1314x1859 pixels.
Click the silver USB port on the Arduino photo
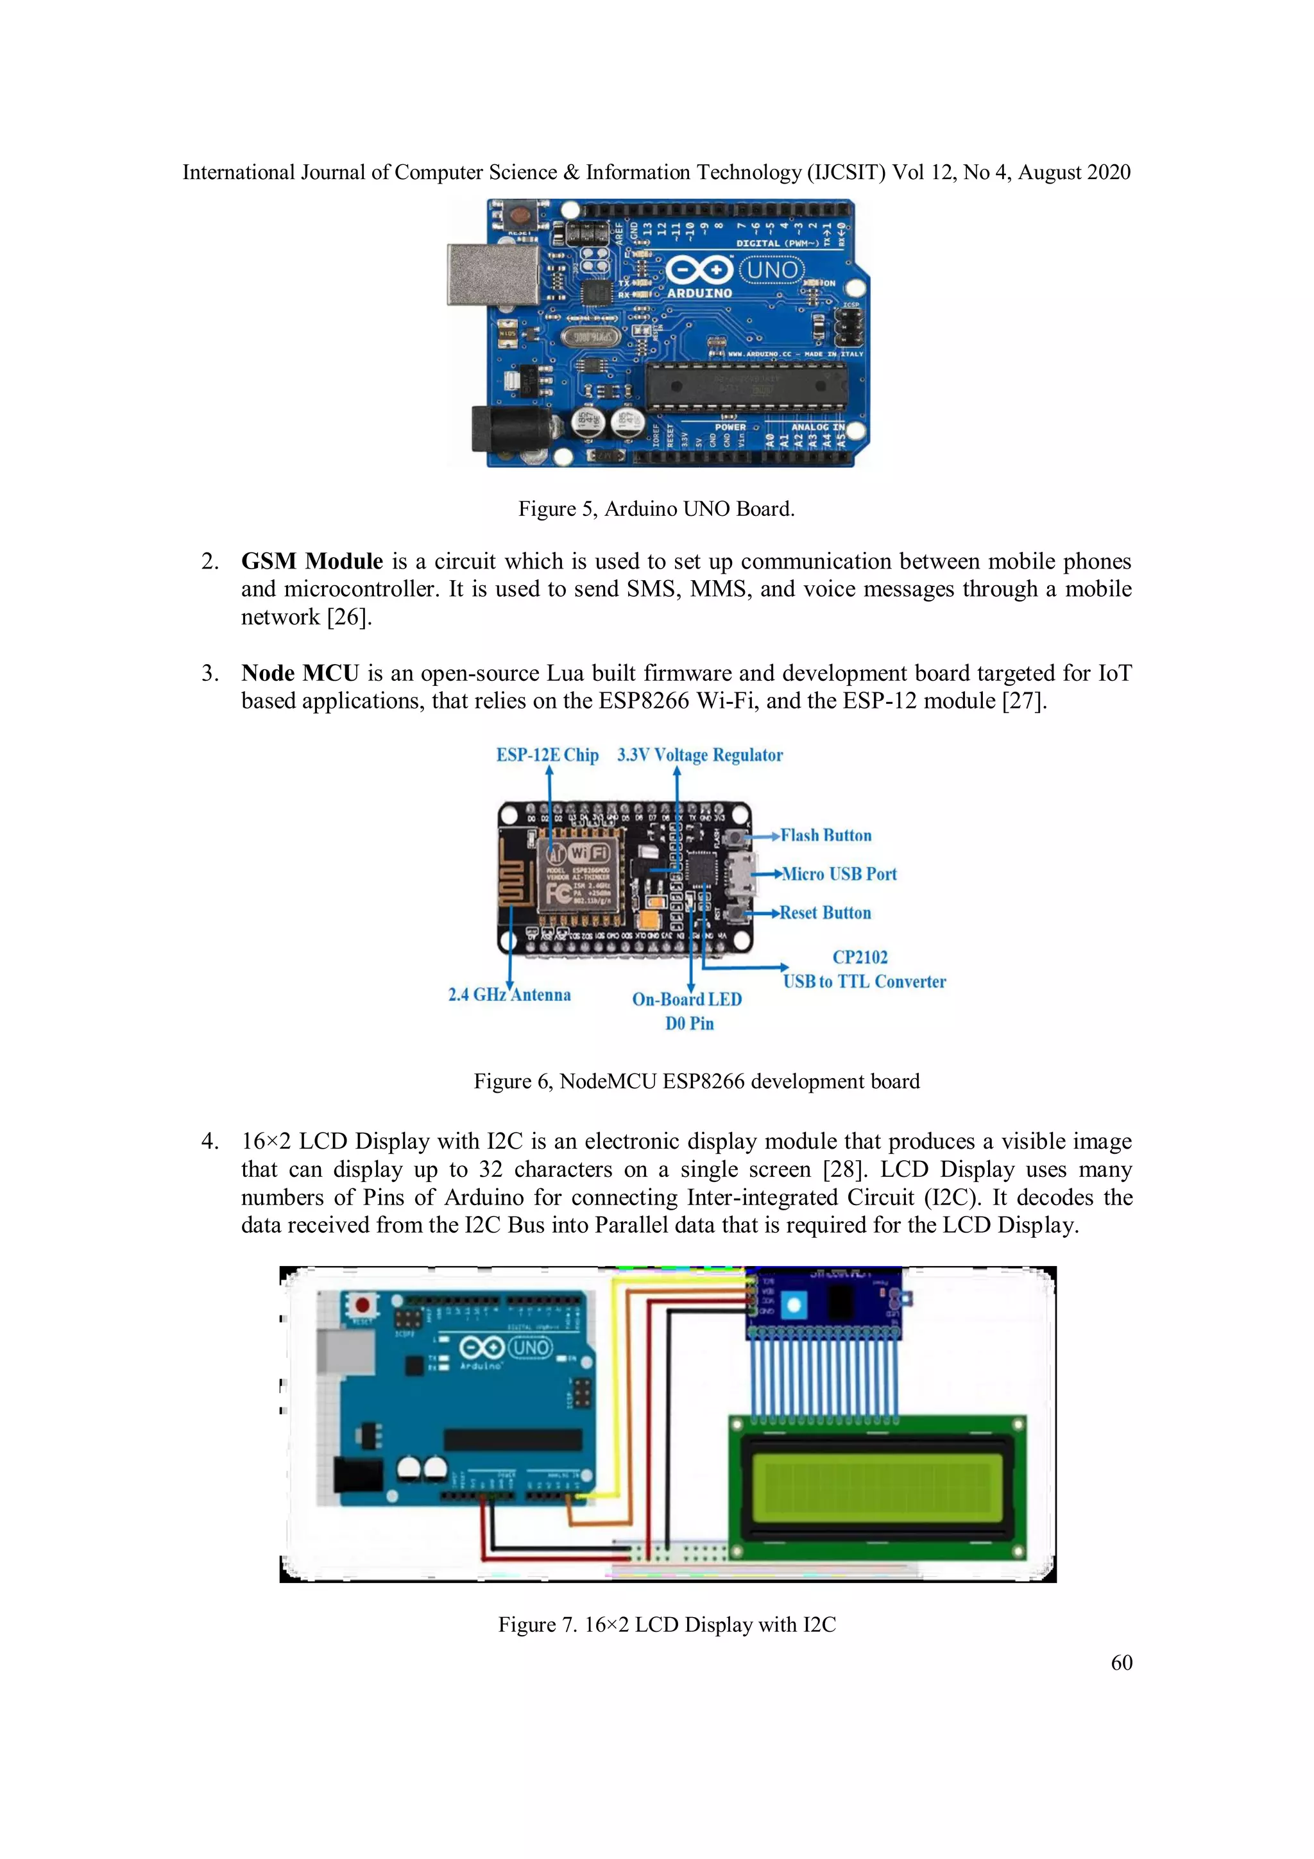[493, 275]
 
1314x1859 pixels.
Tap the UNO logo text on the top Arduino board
[772, 270]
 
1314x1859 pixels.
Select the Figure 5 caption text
[656, 508]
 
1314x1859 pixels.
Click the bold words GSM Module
[312, 561]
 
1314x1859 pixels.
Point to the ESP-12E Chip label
[547, 755]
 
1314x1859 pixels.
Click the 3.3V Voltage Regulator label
[699, 755]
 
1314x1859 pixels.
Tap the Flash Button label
[826, 835]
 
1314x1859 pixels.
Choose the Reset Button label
[825, 913]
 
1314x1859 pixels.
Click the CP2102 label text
[860, 957]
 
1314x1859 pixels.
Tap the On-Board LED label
[687, 999]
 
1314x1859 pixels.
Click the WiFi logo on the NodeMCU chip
[588, 853]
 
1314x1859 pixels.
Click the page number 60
[1122, 1662]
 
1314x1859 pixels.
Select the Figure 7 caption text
[667, 1625]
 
